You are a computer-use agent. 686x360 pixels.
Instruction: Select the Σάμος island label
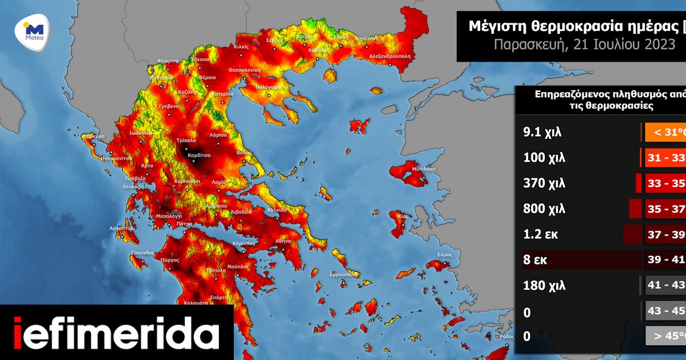(445, 254)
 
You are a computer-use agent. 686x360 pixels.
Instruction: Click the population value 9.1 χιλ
(543, 133)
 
